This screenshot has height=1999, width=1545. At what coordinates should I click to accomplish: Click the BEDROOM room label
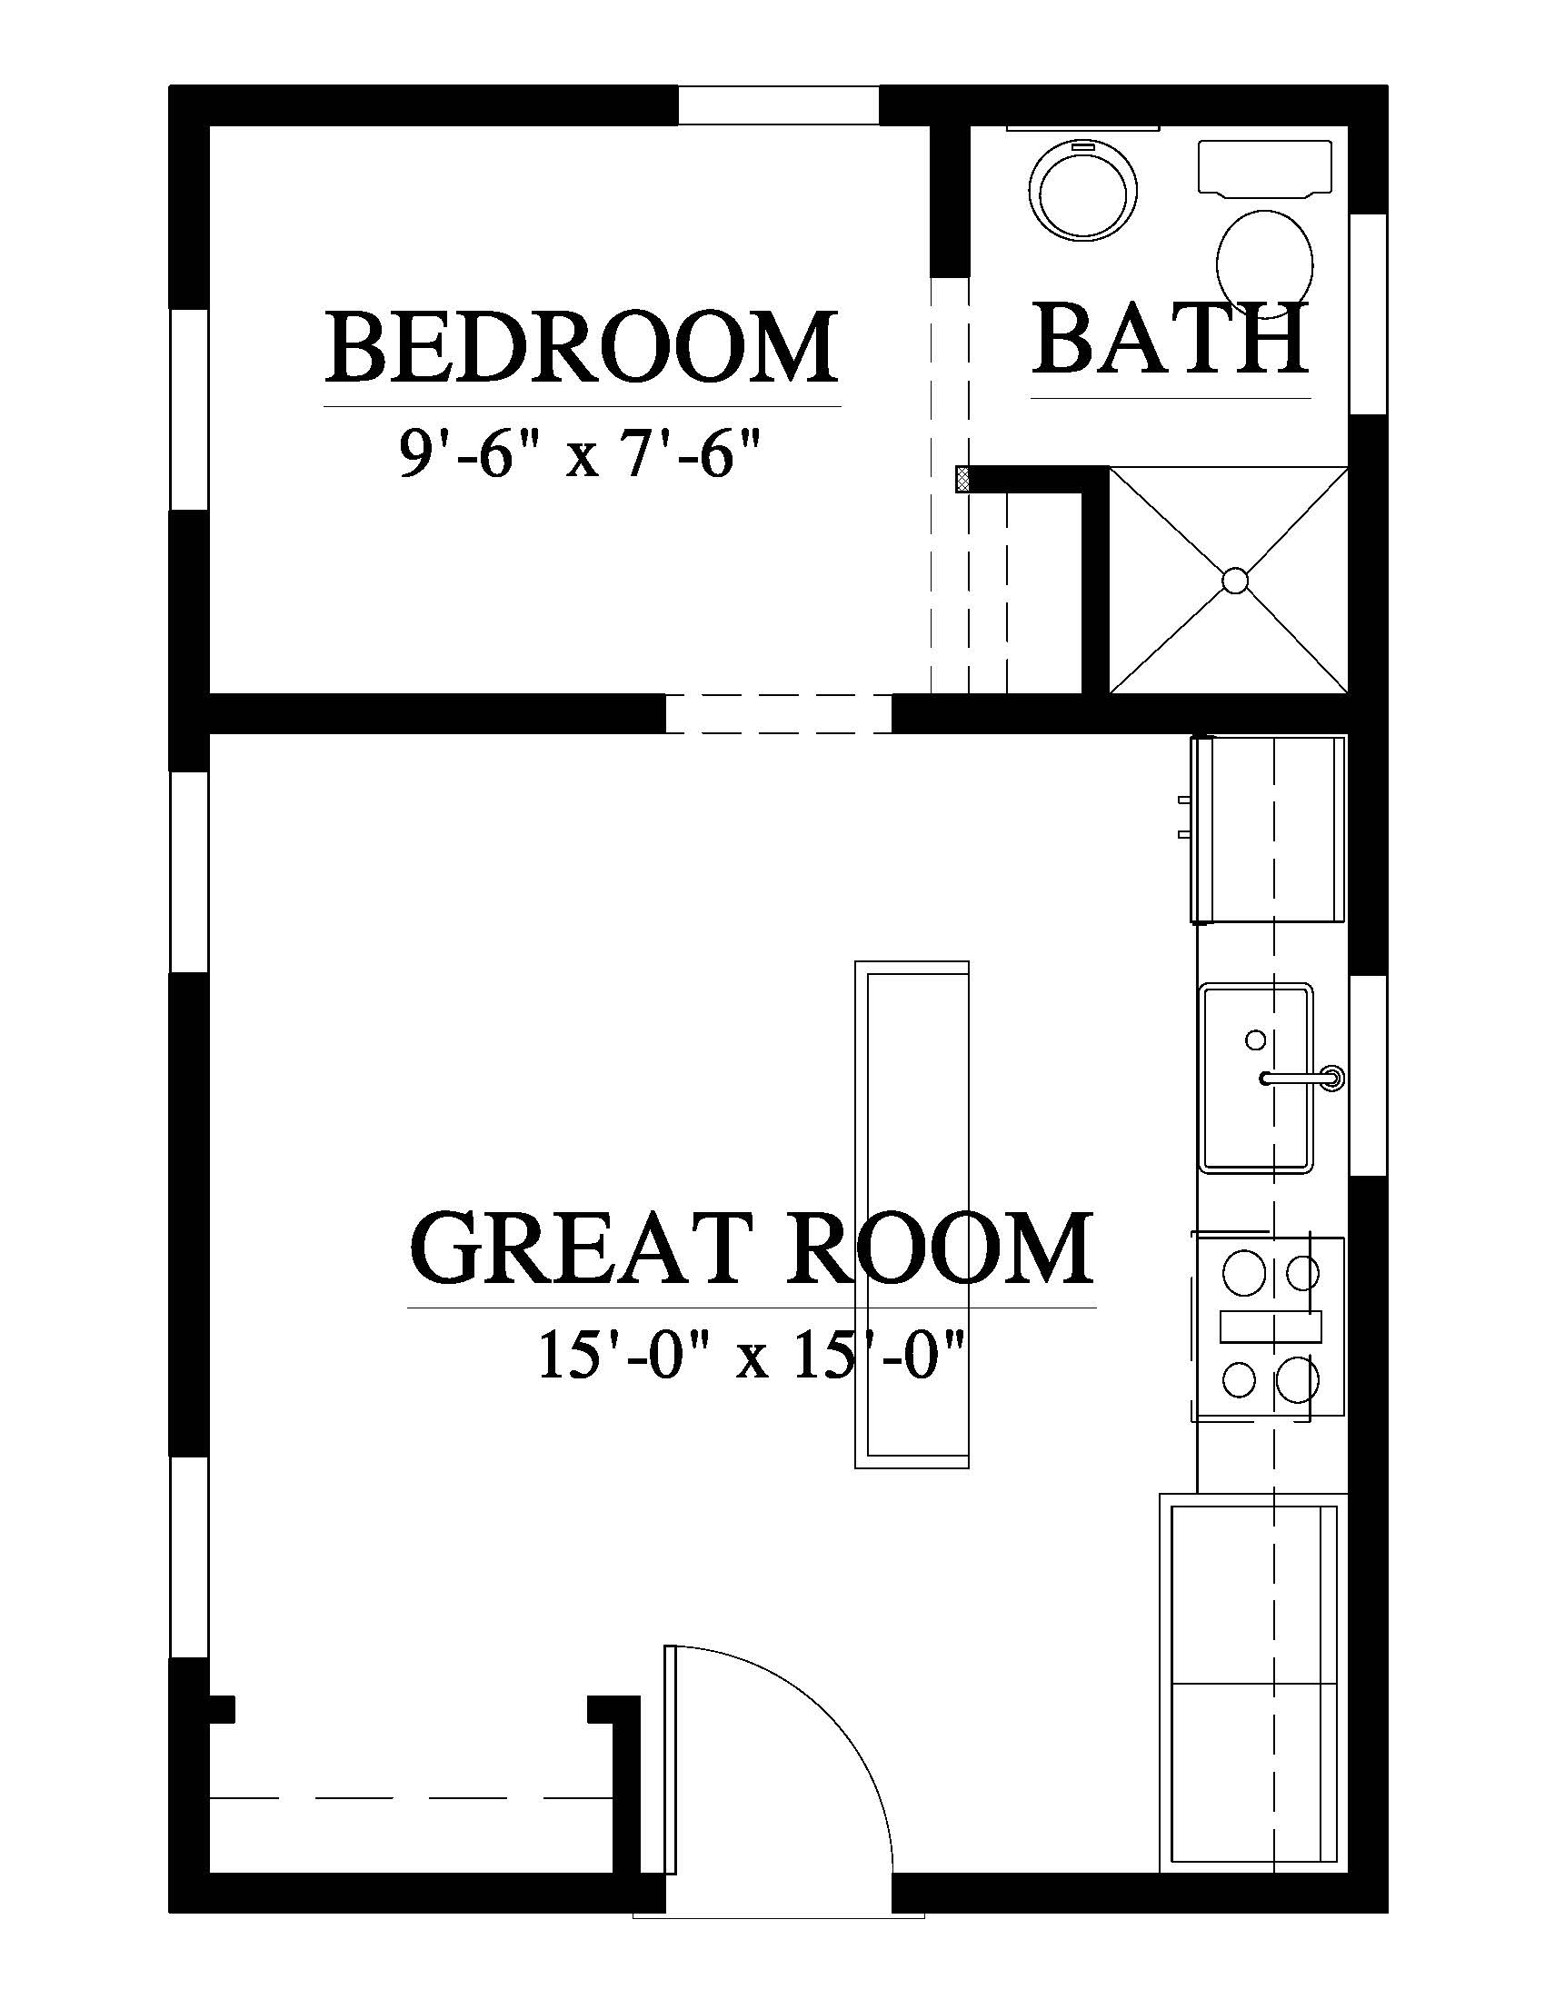[583, 349]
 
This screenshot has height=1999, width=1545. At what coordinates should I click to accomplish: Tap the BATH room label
[1171, 340]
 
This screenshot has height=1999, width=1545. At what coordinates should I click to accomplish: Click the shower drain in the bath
[1235, 580]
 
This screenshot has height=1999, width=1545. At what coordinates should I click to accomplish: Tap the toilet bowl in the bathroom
[1265, 252]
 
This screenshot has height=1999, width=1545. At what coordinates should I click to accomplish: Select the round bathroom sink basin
[1084, 192]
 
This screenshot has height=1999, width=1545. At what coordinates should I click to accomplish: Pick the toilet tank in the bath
[1265, 167]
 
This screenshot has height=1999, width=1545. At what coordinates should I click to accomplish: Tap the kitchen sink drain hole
[1256, 1039]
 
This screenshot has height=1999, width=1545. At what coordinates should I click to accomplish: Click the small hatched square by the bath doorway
[962, 480]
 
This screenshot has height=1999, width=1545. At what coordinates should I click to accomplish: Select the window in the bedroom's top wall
[778, 105]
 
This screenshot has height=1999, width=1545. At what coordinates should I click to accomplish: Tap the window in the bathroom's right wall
[1369, 314]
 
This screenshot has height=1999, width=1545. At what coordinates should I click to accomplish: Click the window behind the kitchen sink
[1369, 1077]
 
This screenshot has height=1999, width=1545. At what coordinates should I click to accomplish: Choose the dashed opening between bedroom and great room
[778, 713]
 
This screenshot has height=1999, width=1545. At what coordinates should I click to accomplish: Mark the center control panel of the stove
[1271, 1327]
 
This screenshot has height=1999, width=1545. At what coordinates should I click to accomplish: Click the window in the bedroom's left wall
[189, 409]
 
